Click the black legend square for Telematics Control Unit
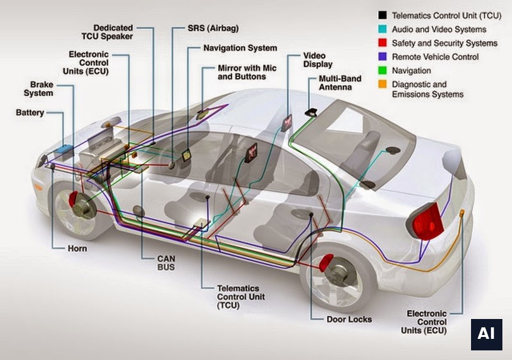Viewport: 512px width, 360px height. click(x=382, y=15)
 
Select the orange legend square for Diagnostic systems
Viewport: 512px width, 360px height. click(x=382, y=84)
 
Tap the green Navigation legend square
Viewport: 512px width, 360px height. click(x=382, y=70)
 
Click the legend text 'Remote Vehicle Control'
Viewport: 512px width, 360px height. click(x=435, y=57)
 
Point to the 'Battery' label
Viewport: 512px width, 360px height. click(x=29, y=113)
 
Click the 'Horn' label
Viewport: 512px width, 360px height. click(x=77, y=249)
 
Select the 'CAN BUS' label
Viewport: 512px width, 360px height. click(x=166, y=263)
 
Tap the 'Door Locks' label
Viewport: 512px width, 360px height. click(x=349, y=320)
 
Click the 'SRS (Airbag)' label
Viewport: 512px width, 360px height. click(x=213, y=28)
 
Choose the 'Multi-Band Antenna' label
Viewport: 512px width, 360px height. click(x=340, y=83)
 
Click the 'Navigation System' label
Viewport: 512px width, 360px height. click(x=240, y=48)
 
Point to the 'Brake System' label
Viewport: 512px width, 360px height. click(x=38, y=89)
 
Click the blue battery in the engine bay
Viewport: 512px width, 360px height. click(x=63, y=149)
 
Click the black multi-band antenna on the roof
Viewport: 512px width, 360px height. click(x=311, y=112)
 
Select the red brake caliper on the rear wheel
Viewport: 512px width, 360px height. click(x=326, y=263)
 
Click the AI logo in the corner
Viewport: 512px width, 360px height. click(x=486, y=334)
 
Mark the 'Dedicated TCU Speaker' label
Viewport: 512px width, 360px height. click(x=107, y=32)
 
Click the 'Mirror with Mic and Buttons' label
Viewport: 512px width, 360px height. click(x=247, y=72)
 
